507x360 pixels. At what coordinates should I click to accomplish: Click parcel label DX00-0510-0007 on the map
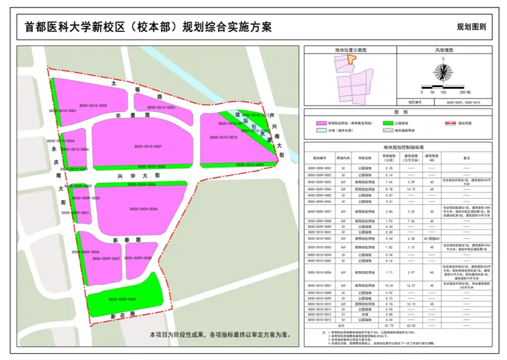tap(148, 147)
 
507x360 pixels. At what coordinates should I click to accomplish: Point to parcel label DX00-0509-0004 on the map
tap(143, 208)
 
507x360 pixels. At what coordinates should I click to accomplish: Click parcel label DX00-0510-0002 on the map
tap(92, 105)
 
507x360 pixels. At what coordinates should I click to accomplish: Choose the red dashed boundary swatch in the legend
tap(452, 122)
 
